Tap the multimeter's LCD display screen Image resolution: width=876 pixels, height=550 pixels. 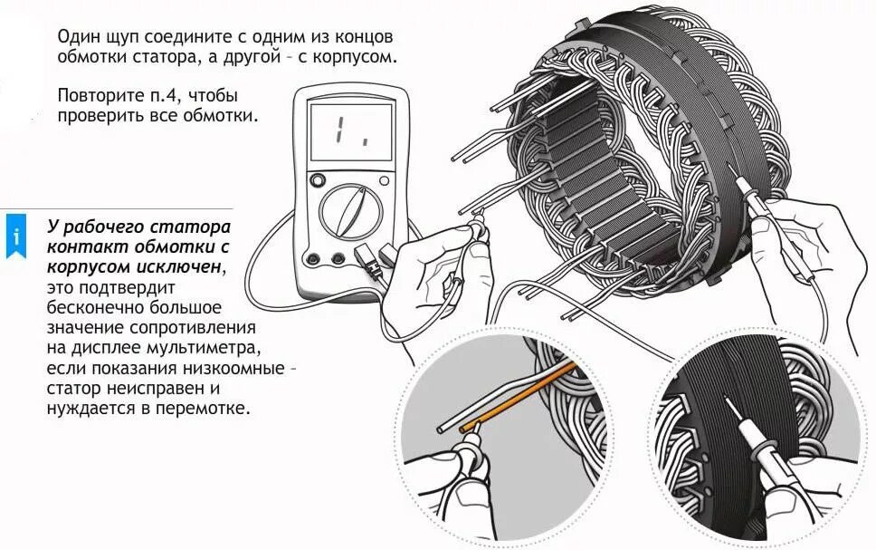(x=351, y=132)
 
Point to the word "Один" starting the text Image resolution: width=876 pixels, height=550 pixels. (x=79, y=38)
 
